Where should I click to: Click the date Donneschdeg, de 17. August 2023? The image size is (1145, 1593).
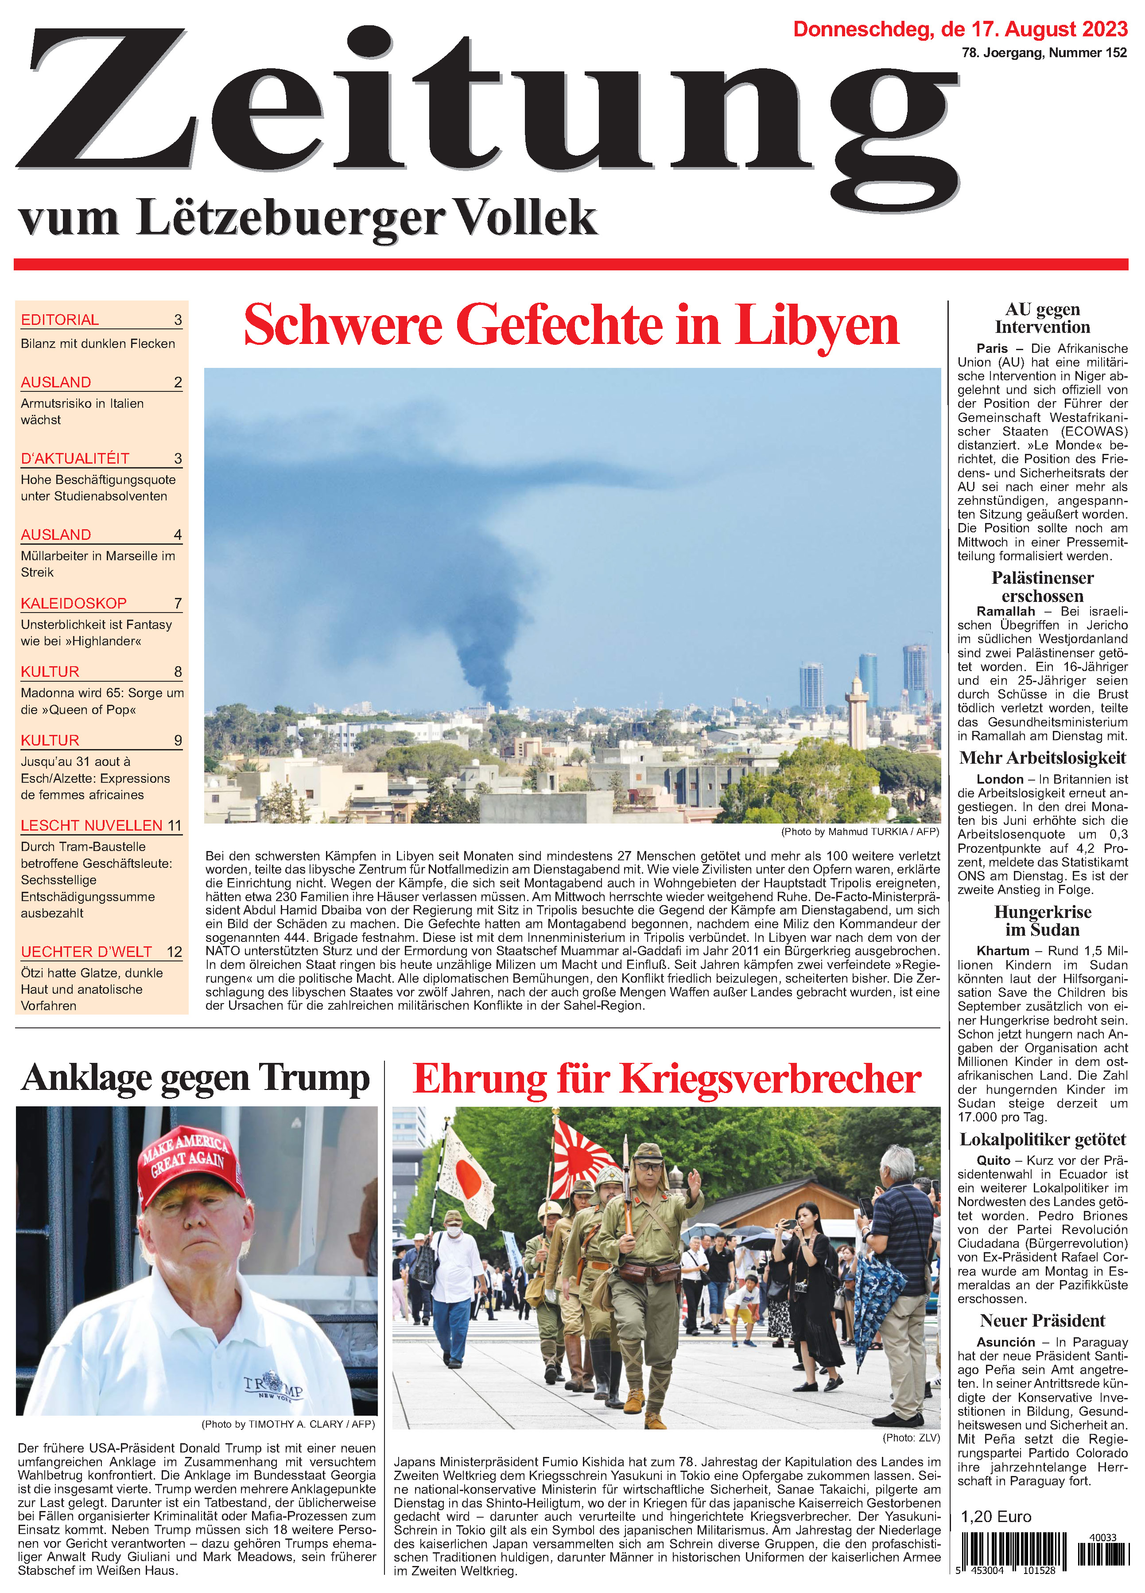tap(960, 30)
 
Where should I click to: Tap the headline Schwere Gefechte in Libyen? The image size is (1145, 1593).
tap(571, 326)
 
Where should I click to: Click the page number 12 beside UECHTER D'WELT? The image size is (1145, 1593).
tap(174, 952)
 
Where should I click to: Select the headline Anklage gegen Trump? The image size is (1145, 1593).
tap(195, 1078)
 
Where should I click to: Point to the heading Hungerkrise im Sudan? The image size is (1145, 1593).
tap(1043, 921)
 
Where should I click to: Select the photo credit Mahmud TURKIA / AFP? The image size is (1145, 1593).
tap(860, 832)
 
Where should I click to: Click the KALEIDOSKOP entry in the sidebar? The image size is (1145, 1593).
tap(74, 603)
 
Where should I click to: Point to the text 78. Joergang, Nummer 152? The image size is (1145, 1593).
tap(1044, 53)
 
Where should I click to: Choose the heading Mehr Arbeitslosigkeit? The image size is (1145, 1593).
tap(1043, 758)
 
